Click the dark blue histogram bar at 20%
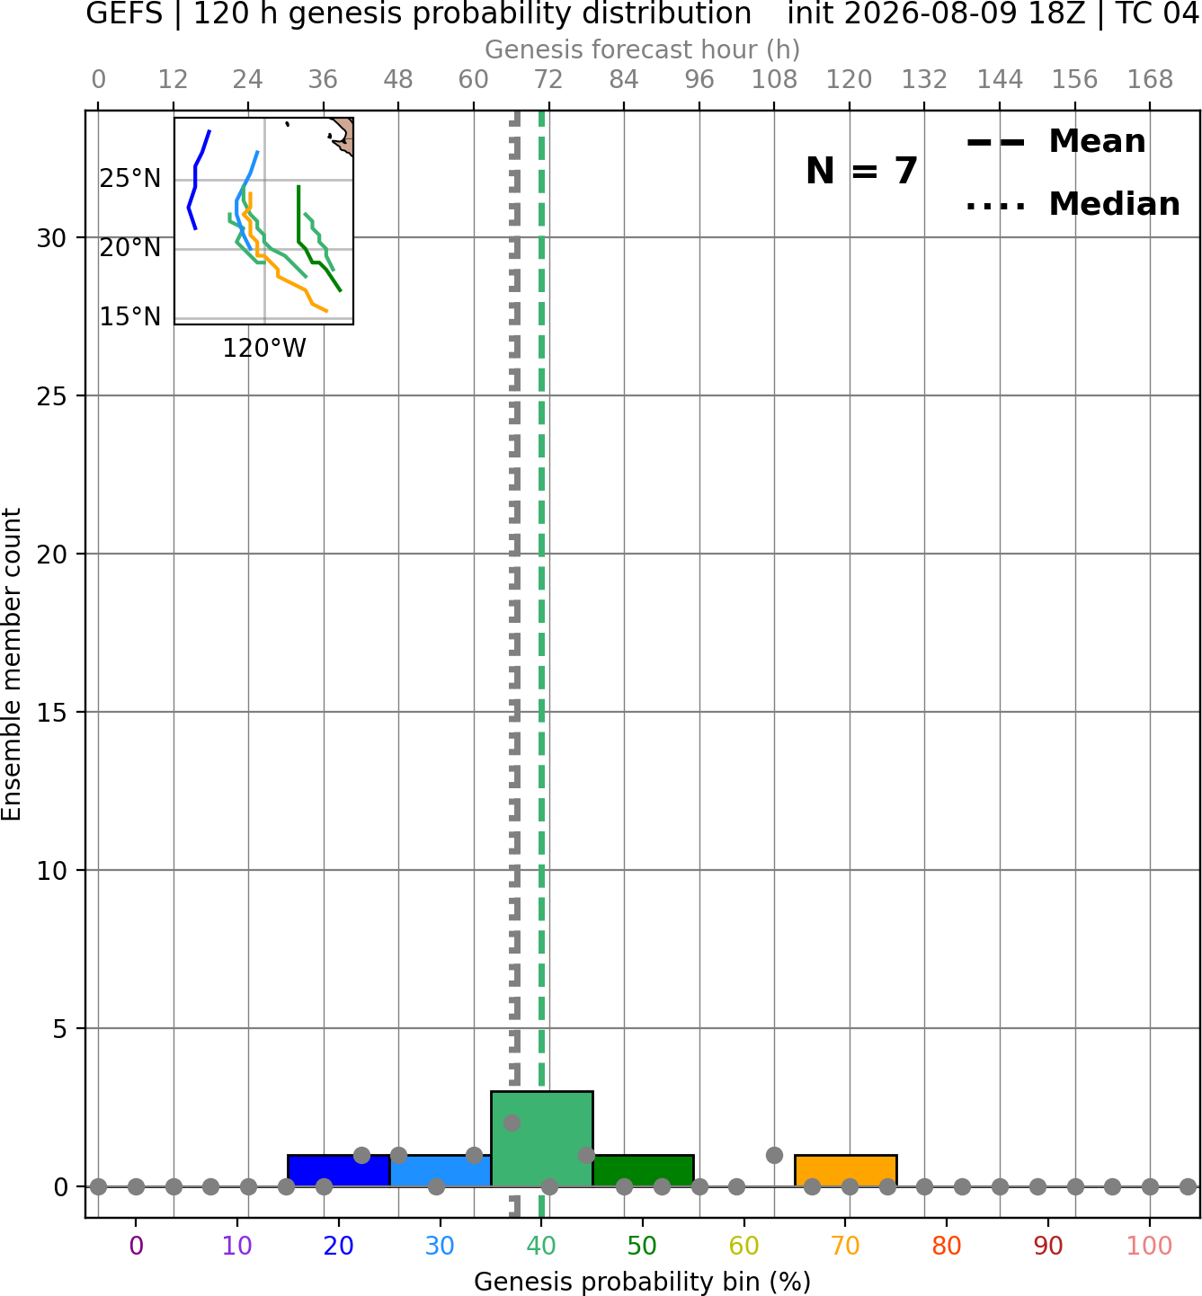339,1171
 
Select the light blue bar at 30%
441,1171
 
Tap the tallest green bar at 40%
542,1139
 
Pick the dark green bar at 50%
643,1171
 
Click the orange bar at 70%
846,1171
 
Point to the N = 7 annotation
862,171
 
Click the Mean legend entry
1055,142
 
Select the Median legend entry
1073,204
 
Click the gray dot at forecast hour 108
774,1156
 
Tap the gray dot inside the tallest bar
512,1123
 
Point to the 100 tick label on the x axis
1150,1246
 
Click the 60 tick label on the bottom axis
744,1246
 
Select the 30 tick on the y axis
51,238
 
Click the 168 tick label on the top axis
1151,80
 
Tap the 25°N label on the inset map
130,178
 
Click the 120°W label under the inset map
264,349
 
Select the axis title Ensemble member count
11,664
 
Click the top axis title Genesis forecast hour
643,49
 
